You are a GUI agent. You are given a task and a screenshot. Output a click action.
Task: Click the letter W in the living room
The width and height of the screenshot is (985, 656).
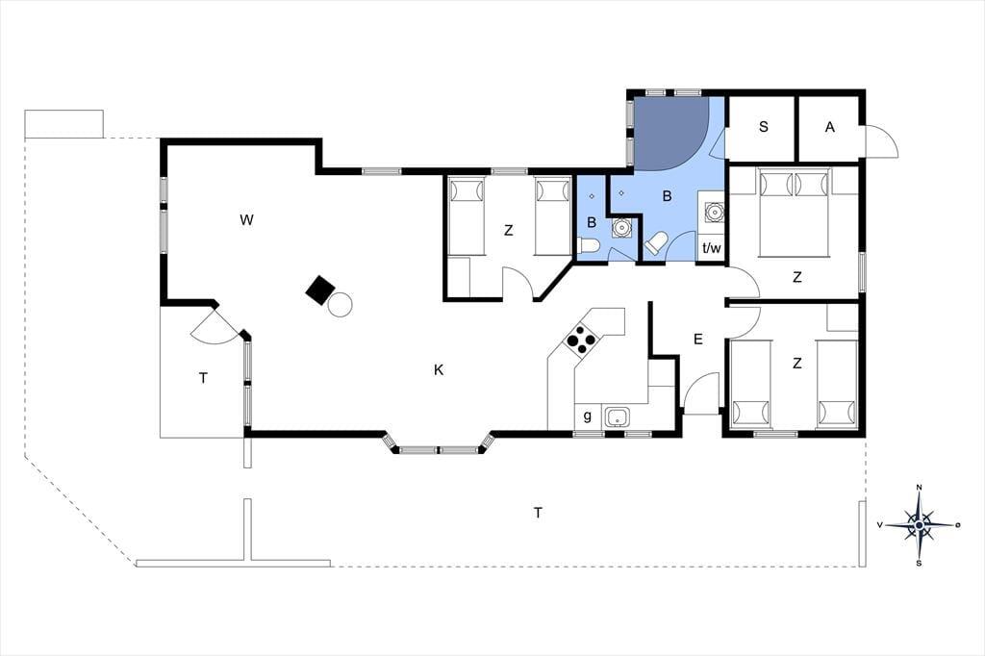pyautogui.click(x=246, y=220)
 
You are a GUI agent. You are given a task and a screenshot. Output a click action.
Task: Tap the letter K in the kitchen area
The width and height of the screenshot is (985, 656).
pyautogui.click(x=439, y=370)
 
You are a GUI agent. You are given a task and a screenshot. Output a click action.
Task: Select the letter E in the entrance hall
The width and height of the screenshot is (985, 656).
pyautogui.click(x=698, y=340)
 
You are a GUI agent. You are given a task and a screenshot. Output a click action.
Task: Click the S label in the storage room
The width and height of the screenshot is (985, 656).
pyautogui.click(x=763, y=127)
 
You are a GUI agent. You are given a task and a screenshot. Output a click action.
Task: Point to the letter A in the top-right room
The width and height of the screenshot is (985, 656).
pyautogui.click(x=830, y=127)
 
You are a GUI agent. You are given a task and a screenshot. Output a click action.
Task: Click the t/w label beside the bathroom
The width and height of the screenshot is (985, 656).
pyautogui.click(x=712, y=248)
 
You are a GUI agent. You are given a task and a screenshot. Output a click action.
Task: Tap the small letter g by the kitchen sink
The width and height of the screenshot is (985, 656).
pyautogui.click(x=588, y=416)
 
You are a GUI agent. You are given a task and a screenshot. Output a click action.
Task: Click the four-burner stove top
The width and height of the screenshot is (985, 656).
pyautogui.click(x=581, y=341)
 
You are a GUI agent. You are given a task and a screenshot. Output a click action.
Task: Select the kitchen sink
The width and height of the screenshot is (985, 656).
pyautogui.click(x=618, y=416)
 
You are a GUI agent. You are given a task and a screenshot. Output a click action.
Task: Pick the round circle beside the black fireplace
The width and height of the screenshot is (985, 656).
pyautogui.click(x=340, y=305)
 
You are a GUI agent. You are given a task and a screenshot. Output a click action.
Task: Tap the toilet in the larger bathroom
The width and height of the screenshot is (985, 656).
pyautogui.click(x=656, y=243)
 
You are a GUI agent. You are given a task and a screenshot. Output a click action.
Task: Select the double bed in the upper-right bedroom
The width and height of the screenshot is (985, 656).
pyautogui.click(x=794, y=213)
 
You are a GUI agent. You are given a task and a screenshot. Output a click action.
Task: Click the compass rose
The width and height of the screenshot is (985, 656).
pyautogui.click(x=919, y=524)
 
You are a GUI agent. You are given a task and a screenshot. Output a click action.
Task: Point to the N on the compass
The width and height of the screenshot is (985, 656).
pyautogui.click(x=919, y=487)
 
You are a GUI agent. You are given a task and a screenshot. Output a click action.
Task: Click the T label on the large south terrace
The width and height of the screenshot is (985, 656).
pyautogui.click(x=538, y=514)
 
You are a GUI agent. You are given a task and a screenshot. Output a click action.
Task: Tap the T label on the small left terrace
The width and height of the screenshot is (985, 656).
pyautogui.click(x=203, y=378)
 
